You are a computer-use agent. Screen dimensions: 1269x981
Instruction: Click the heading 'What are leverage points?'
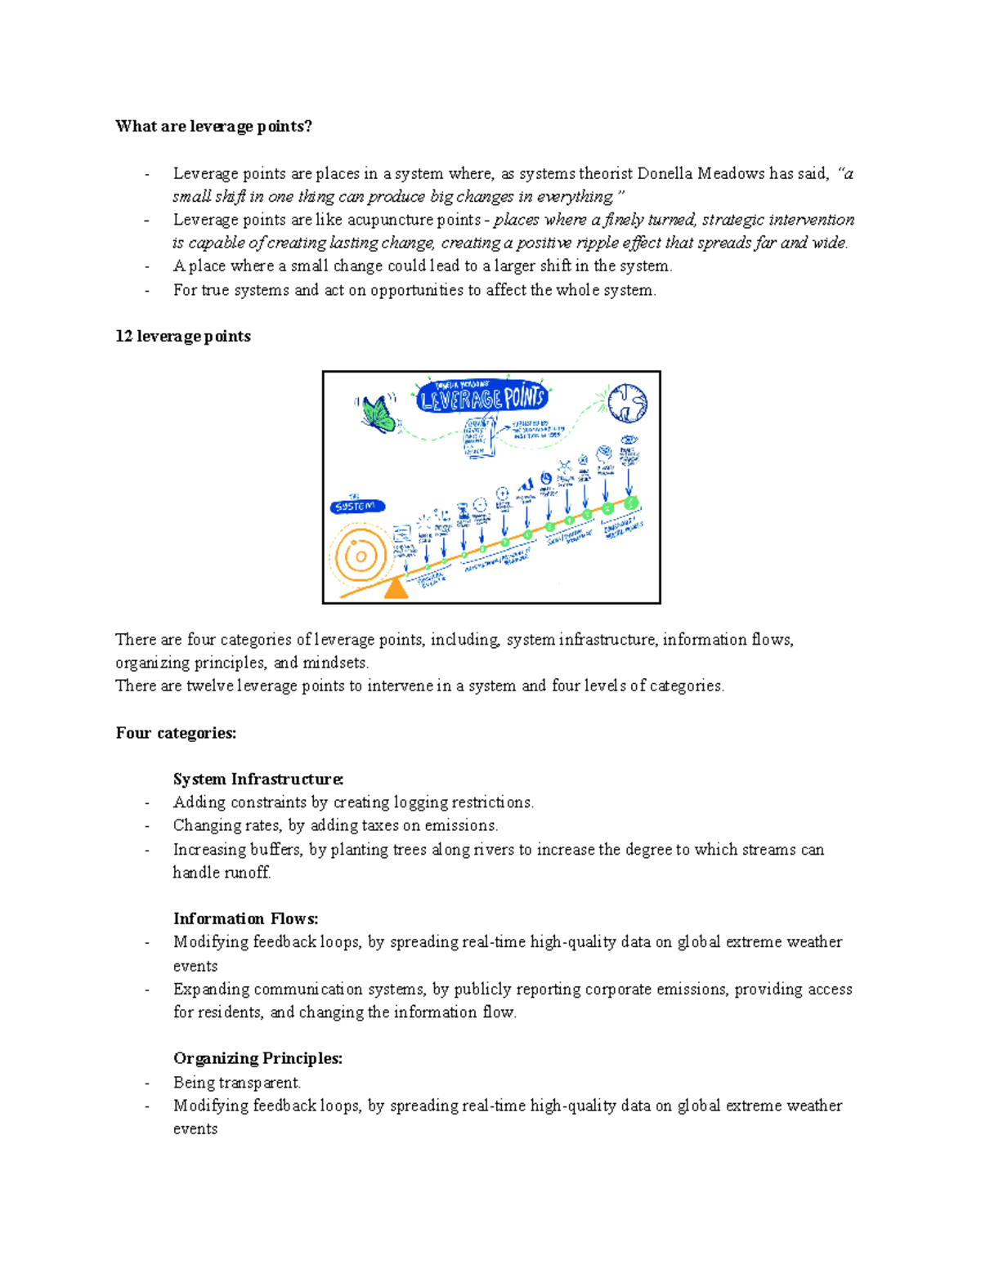213,126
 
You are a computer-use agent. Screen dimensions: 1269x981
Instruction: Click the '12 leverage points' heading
183,336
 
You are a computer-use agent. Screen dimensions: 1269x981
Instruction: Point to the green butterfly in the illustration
378,413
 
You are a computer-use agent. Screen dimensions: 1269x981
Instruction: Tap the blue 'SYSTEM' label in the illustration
356,507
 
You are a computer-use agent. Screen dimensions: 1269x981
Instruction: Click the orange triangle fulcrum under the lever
396,588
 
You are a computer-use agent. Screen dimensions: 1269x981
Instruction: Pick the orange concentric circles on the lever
358,556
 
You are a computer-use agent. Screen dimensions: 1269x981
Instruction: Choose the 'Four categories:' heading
176,733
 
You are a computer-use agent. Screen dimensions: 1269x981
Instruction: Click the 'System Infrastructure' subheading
258,779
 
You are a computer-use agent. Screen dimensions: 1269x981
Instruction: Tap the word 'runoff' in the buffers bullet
246,872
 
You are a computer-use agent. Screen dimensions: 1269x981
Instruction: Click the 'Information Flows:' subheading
245,918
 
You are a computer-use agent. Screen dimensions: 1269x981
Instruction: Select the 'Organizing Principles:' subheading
258,1058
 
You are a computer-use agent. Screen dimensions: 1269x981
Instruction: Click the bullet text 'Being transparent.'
237,1082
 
